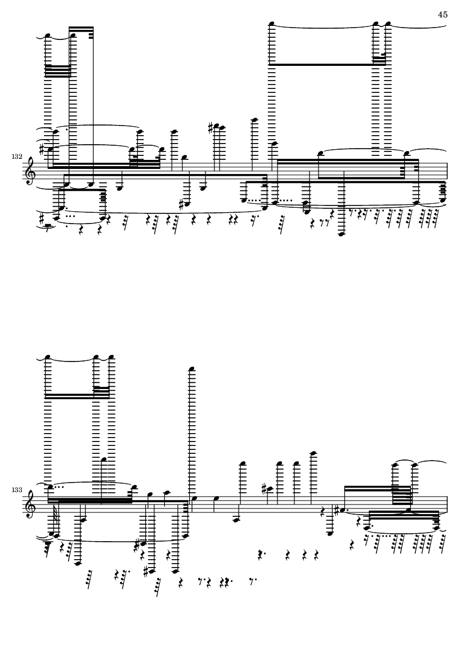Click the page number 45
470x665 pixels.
[442, 15]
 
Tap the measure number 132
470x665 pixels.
[17, 157]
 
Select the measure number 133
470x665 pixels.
[17, 490]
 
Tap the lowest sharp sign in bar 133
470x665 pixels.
[147, 571]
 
